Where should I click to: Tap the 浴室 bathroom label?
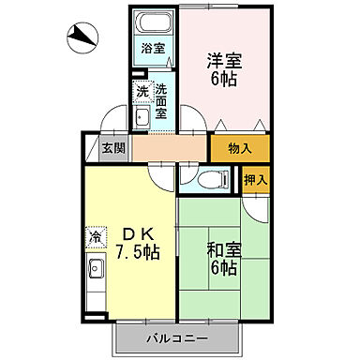pyautogui.click(x=152, y=48)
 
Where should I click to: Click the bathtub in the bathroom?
pyautogui.click(x=153, y=23)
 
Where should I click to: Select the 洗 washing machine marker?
pyautogui.click(x=142, y=91)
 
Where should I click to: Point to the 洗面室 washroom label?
pyautogui.click(x=161, y=99)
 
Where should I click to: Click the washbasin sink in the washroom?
pyautogui.click(x=142, y=117)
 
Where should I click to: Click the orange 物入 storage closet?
pyautogui.click(x=240, y=148)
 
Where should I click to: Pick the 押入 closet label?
pyautogui.click(x=256, y=179)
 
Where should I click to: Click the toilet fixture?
pyautogui.click(x=210, y=178)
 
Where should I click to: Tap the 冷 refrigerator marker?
pyautogui.click(x=95, y=237)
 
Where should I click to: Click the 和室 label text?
pyautogui.click(x=221, y=250)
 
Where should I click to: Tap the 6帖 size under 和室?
pyautogui.click(x=222, y=270)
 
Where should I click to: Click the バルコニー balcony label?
pyautogui.click(x=176, y=337)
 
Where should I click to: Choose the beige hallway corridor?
pyautogui.click(x=170, y=148)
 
